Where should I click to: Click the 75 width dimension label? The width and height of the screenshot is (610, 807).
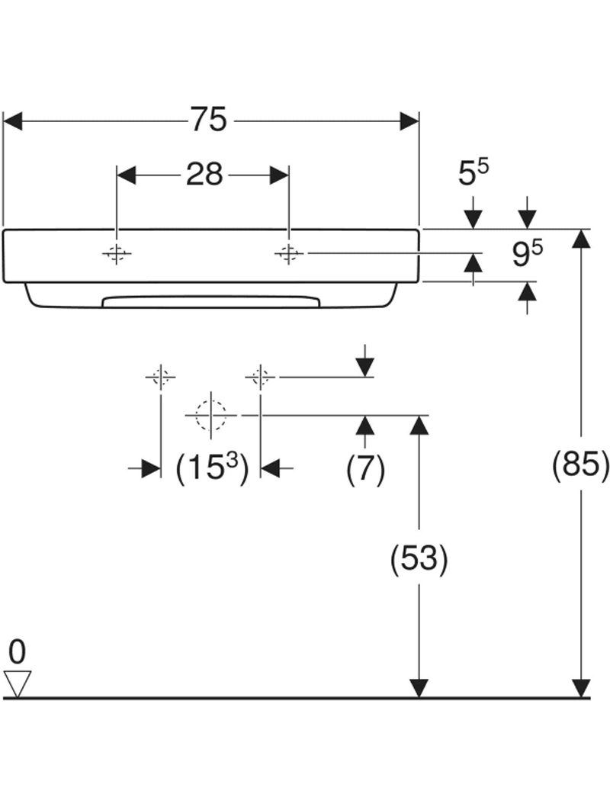coord(209,120)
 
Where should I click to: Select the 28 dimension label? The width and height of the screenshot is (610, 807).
coord(204,175)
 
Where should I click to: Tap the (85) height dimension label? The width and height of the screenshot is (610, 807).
coord(581,465)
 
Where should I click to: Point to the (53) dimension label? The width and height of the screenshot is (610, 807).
coord(418,561)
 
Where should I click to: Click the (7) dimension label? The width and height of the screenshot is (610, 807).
coord(365,469)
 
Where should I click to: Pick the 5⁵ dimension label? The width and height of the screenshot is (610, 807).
coord(474,173)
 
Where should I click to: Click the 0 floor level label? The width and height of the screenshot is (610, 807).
coord(17,652)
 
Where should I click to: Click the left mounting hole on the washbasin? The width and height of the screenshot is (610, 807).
coord(116,254)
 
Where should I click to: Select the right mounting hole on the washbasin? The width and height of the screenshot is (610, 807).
coord(288,254)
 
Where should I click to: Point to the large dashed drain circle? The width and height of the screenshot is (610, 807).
coord(211,415)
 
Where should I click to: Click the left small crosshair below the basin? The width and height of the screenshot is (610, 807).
coord(160,376)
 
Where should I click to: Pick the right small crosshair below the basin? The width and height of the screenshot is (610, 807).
coord(261,376)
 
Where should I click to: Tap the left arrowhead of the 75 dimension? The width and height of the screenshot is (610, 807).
coord(14,121)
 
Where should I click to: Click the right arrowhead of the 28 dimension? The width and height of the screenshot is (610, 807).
coord(279,175)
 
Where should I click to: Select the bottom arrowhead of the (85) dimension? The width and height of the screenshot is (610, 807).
coord(581,688)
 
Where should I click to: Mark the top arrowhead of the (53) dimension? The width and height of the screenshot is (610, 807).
coord(418,425)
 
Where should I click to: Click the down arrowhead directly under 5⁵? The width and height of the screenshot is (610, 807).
coord(474,217)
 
